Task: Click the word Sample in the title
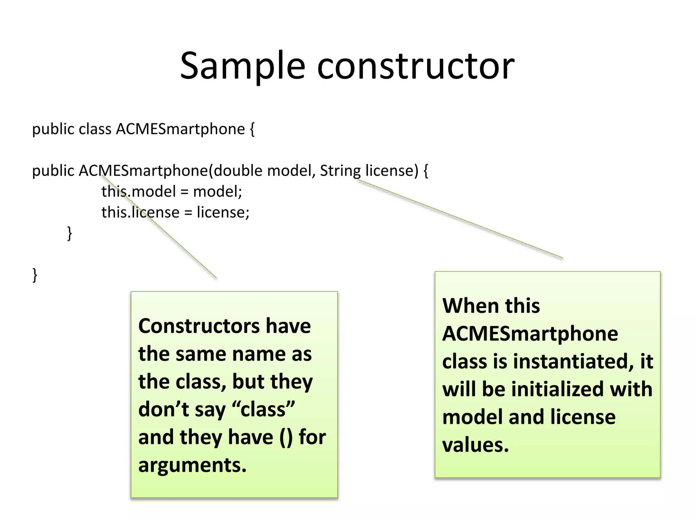242,66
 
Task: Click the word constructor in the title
416,66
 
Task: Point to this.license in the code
140,213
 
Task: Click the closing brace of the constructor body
70,233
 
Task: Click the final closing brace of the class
35,275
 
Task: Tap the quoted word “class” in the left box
263,409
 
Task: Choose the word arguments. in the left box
192,465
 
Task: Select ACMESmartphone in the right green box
530,334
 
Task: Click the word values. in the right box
475,445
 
